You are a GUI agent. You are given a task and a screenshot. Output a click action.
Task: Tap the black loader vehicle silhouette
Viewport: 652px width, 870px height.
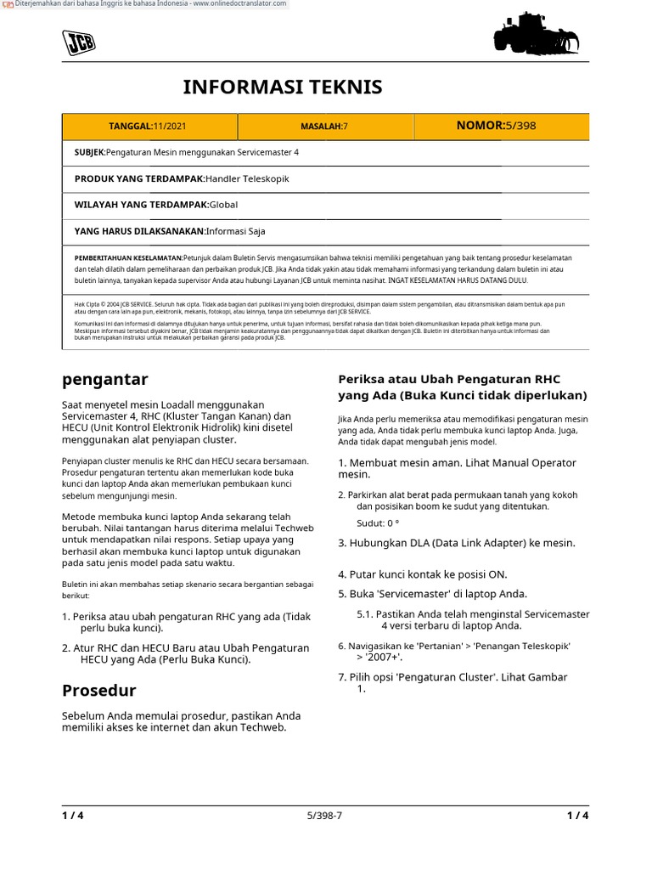537,35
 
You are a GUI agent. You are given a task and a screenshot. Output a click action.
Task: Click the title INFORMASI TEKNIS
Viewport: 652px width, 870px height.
283,87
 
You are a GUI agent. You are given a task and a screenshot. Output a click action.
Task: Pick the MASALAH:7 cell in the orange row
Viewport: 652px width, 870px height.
324,126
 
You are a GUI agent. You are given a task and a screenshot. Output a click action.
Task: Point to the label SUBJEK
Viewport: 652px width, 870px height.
89,152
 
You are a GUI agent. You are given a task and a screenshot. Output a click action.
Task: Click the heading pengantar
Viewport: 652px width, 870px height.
105,379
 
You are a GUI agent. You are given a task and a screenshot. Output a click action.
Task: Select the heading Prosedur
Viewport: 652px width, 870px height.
99,690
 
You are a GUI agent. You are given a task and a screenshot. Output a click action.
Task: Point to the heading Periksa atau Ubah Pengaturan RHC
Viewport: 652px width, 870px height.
449,379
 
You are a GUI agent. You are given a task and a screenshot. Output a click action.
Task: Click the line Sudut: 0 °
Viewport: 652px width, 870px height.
378,523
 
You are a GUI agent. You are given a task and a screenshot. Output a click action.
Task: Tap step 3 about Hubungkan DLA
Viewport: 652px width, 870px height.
457,542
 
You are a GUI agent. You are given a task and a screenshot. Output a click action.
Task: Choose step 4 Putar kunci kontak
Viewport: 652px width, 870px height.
422,574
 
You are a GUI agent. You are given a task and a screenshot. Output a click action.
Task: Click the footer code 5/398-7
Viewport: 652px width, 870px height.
324,816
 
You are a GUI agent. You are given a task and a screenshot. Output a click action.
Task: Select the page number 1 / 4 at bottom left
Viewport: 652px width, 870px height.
73,816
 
